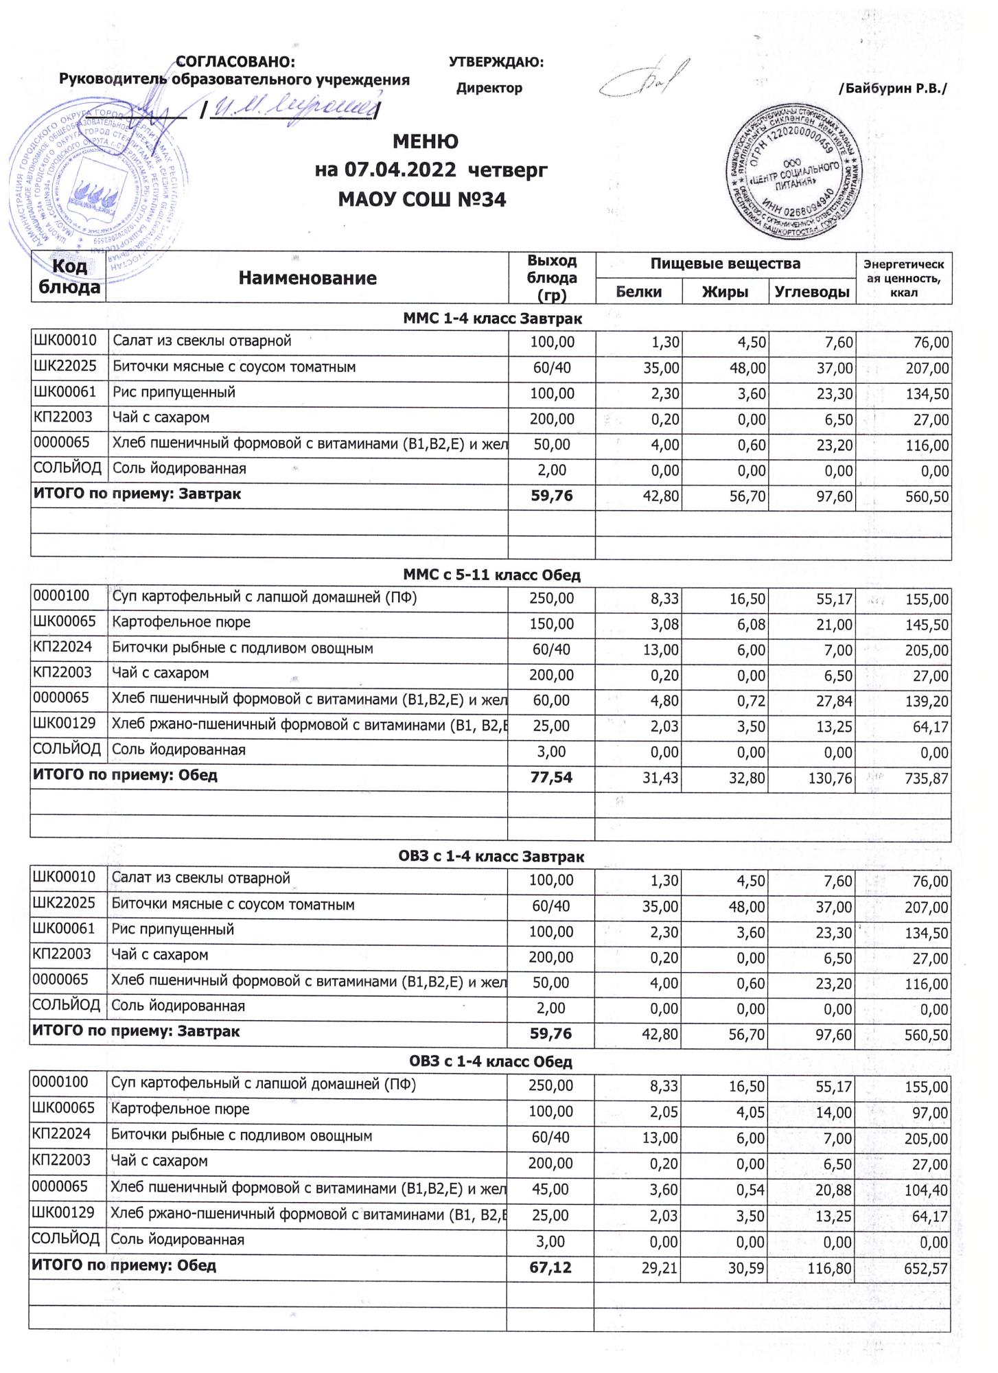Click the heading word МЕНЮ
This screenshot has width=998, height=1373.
click(x=425, y=142)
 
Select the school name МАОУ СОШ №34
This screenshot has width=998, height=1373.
click(x=422, y=200)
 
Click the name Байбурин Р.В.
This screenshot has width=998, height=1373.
click(x=893, y=89)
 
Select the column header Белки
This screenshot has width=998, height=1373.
click(x=638, y=292)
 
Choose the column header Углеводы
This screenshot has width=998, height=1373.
click(x=812, y=292)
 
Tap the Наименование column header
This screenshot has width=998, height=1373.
click(x=307, y=278)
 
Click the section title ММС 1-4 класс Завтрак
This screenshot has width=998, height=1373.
click(x=492, y=319)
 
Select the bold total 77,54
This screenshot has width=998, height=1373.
click(x=551, y=777)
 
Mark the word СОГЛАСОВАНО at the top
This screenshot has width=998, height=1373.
click(x=235, y=62)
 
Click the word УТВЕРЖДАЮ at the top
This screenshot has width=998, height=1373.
click(x=496, y=62)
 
